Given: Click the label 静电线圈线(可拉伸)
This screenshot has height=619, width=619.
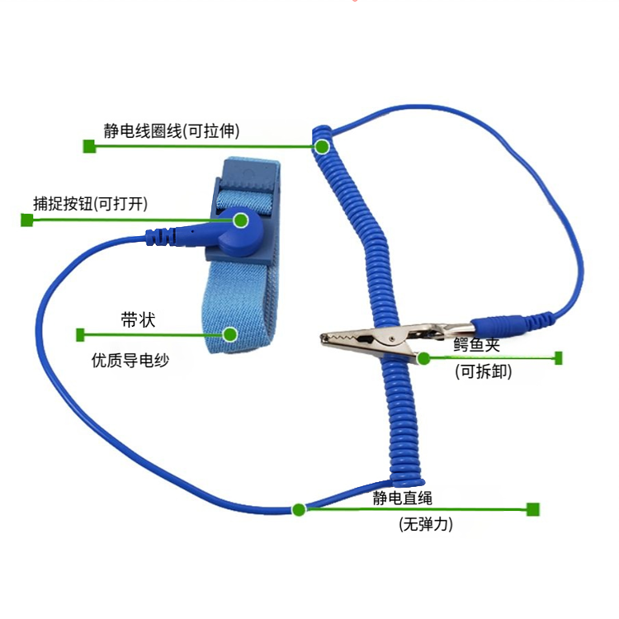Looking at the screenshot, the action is [172, 130].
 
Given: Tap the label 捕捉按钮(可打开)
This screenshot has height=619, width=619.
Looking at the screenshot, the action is [91, 204].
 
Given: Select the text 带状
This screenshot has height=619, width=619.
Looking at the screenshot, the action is [138, 319].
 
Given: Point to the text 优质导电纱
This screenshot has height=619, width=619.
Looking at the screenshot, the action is [130, 360].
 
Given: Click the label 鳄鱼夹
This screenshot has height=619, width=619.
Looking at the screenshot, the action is [477, 345].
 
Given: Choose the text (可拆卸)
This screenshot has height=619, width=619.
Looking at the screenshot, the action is [483, 371].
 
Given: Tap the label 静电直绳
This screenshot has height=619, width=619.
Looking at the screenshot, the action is [403, 499].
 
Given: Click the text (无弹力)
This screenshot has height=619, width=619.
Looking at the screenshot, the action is [426, 524].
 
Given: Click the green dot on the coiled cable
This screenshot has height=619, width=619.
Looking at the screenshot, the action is [322, 147].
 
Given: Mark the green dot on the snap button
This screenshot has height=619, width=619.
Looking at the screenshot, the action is [240, 220].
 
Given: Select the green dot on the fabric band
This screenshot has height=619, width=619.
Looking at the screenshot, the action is [229, 335].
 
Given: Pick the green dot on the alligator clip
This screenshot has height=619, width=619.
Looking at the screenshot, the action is [423, 358].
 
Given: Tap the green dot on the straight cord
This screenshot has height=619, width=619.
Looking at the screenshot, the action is [299, 510].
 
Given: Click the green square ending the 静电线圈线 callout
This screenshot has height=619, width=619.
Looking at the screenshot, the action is [89, 146].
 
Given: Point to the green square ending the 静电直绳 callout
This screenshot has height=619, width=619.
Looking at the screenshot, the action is [533, 509].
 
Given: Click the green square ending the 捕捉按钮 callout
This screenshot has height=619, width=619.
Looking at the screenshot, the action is [27, 220].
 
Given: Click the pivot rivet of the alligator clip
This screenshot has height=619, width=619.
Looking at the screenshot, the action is [391, 338].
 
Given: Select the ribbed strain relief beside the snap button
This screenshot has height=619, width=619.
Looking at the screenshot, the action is [160, 237].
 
